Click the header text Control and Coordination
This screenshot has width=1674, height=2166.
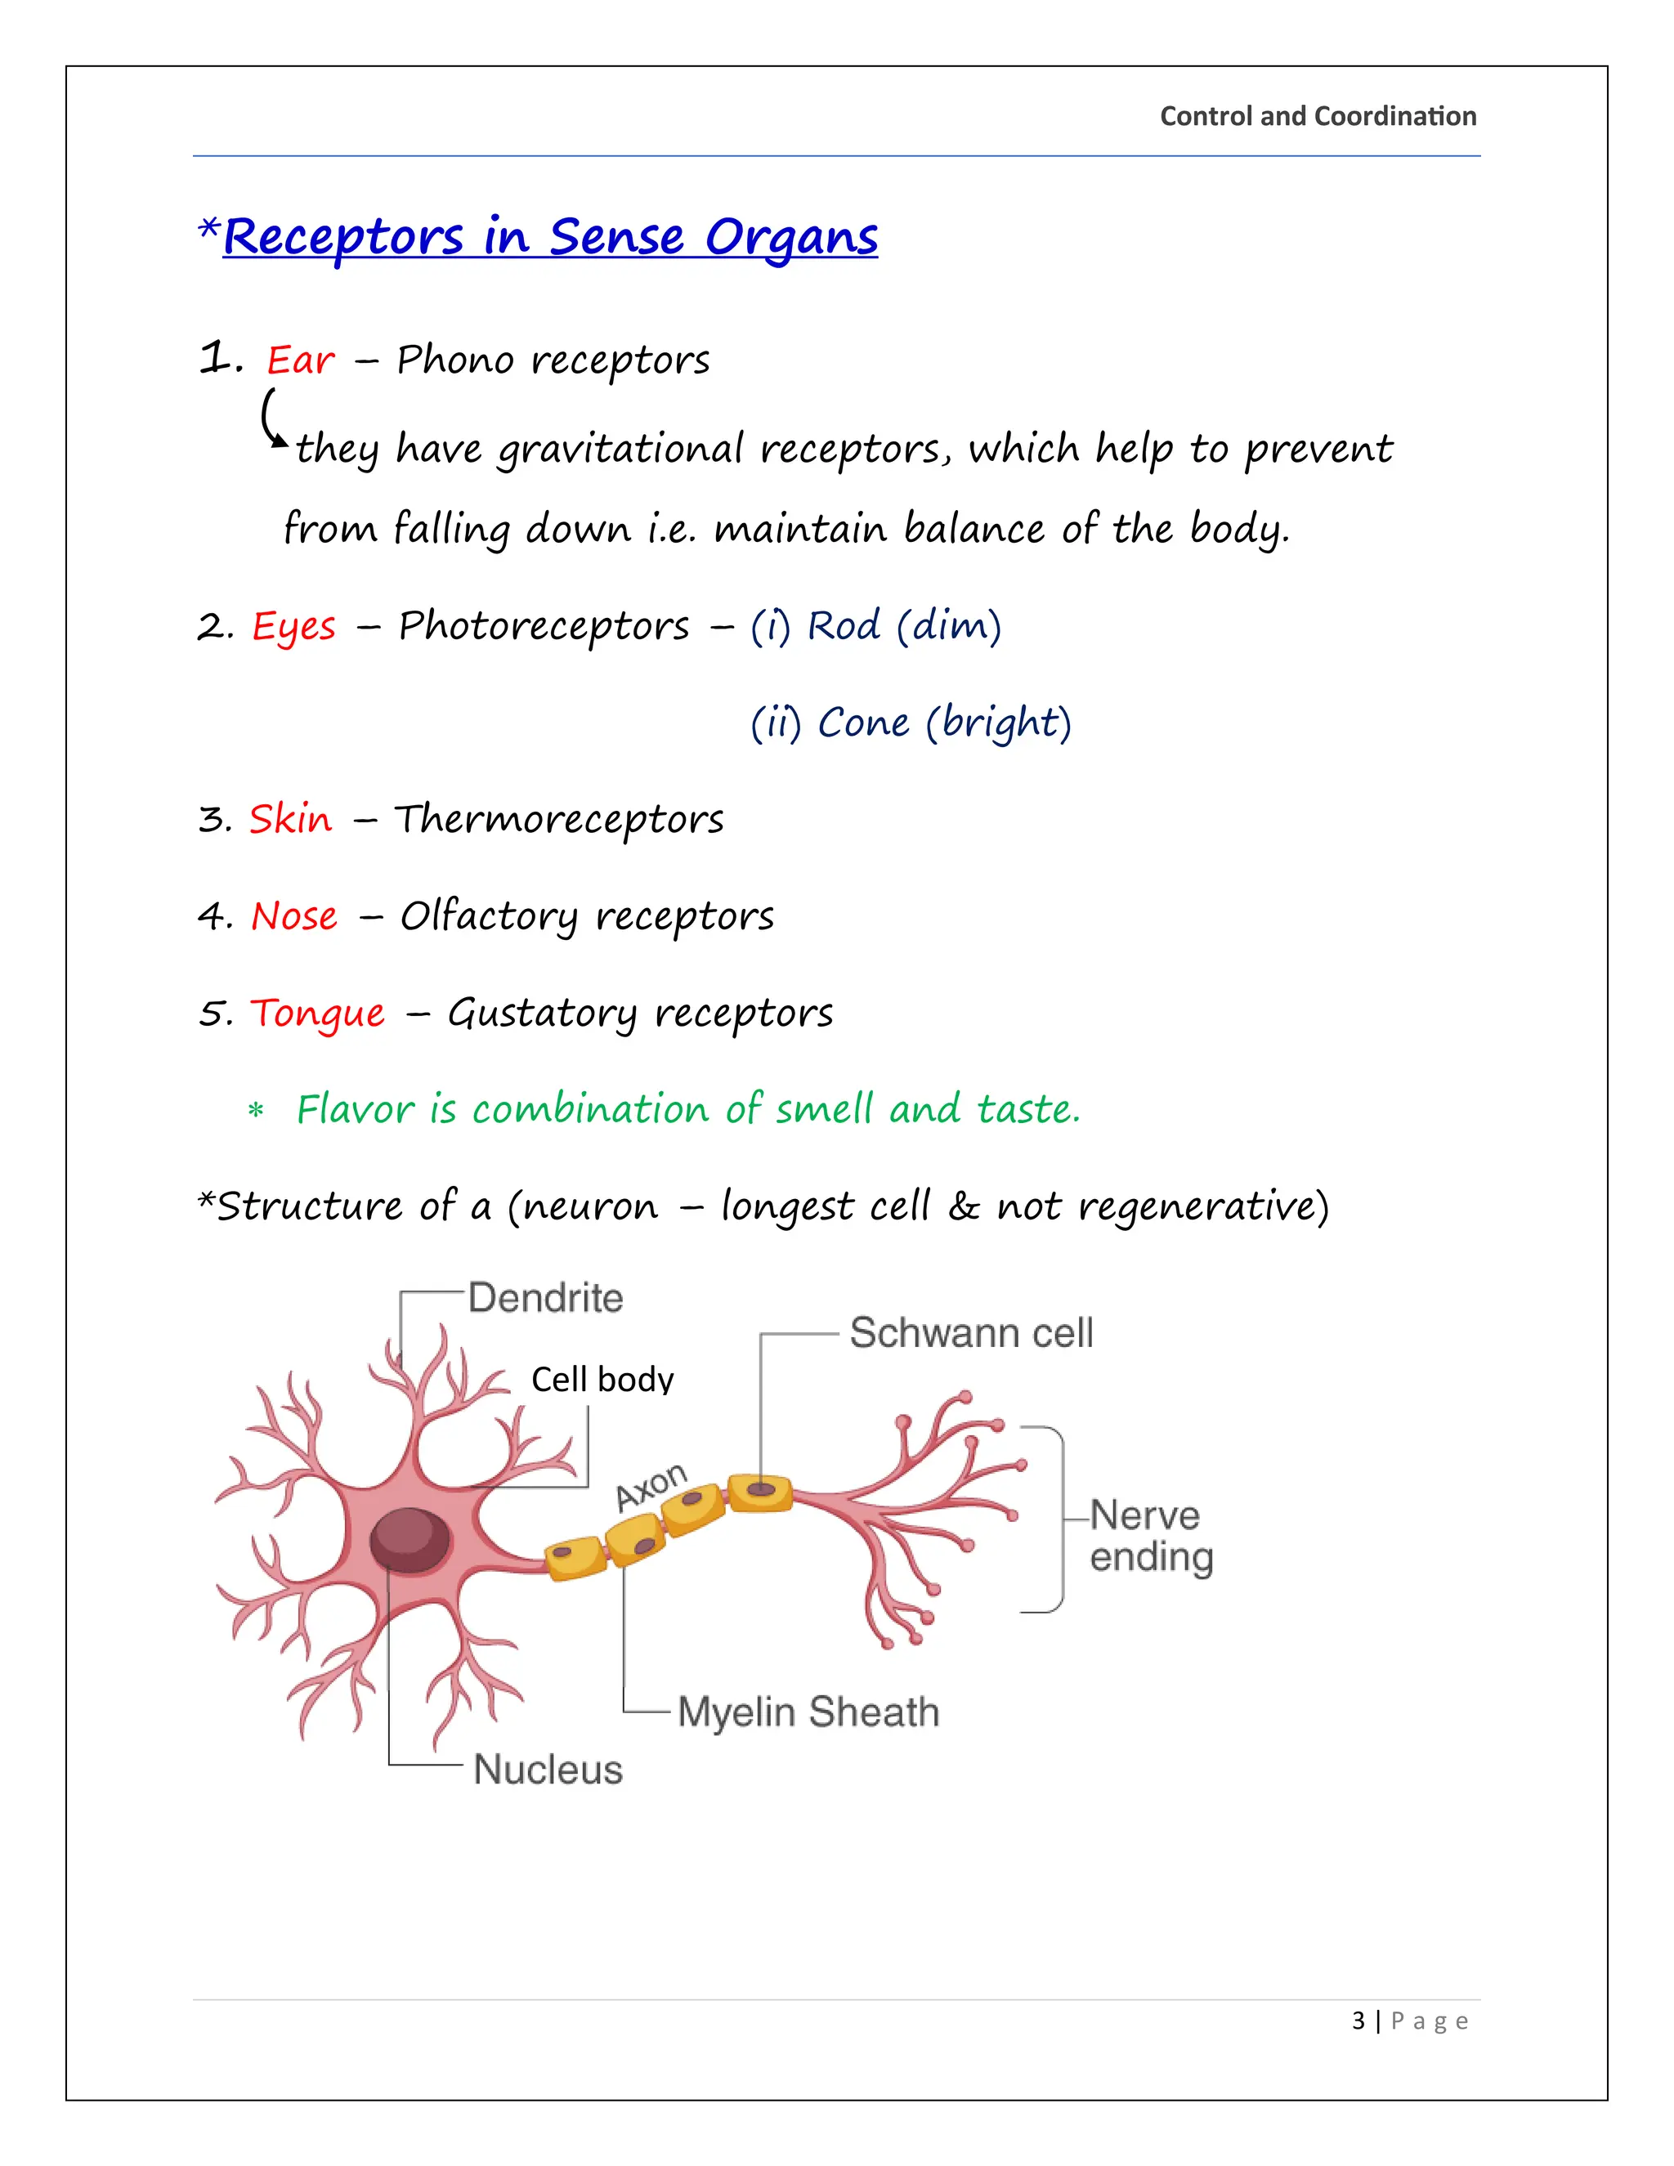pos(1317,116)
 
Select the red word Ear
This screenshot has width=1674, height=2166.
pos(301,360)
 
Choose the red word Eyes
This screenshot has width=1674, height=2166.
pos(293,627)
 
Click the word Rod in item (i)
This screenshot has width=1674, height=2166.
pos(843,626)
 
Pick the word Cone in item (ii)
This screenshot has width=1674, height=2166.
pos(863,723)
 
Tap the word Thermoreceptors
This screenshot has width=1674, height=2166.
pos(559,820)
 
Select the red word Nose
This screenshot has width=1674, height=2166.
pos(293,916)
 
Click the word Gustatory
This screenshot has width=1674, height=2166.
pos(541,1014)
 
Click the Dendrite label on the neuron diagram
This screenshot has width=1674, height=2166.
pos(545,1298)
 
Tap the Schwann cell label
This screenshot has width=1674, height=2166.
pos(971,1333)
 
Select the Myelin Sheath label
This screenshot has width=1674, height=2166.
pos(808,1712)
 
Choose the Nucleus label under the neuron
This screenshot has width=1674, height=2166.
pos(548,1770)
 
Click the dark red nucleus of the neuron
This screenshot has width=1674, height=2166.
pos(410,1539)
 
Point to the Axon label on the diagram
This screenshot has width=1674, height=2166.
pos(651,1487)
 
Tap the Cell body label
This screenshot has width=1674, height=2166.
pos(602,1380)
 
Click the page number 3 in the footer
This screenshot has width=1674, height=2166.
pos(1358,2021)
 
